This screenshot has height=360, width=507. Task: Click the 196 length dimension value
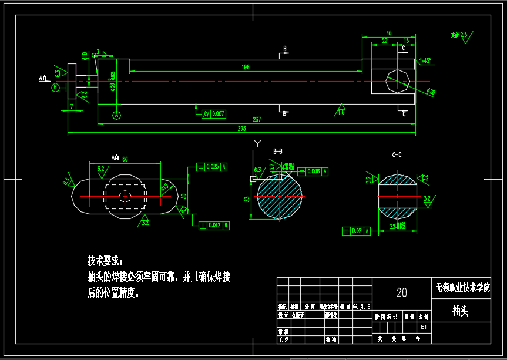point(246,67)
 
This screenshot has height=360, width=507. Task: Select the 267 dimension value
point(257,119)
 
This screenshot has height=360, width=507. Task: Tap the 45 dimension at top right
point(388,33)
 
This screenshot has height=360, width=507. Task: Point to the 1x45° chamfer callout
point(425,60)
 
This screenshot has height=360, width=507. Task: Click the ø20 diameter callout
point(431,92)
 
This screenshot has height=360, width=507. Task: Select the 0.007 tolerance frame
point(214,114)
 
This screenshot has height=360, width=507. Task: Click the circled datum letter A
point(116,115)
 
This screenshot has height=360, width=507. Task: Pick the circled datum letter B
point(56,88)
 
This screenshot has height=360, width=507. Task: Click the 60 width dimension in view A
point(125,159)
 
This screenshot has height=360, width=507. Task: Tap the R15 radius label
point(164,187)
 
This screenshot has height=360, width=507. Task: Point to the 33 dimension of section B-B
point(247,198)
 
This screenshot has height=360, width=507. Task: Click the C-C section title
point(397,154)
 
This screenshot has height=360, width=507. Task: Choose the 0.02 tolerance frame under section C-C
point(357,231)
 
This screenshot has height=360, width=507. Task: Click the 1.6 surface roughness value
point(341,113)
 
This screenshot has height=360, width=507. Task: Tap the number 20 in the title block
point(402,292)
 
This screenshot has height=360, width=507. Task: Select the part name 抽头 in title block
point(460,311)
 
